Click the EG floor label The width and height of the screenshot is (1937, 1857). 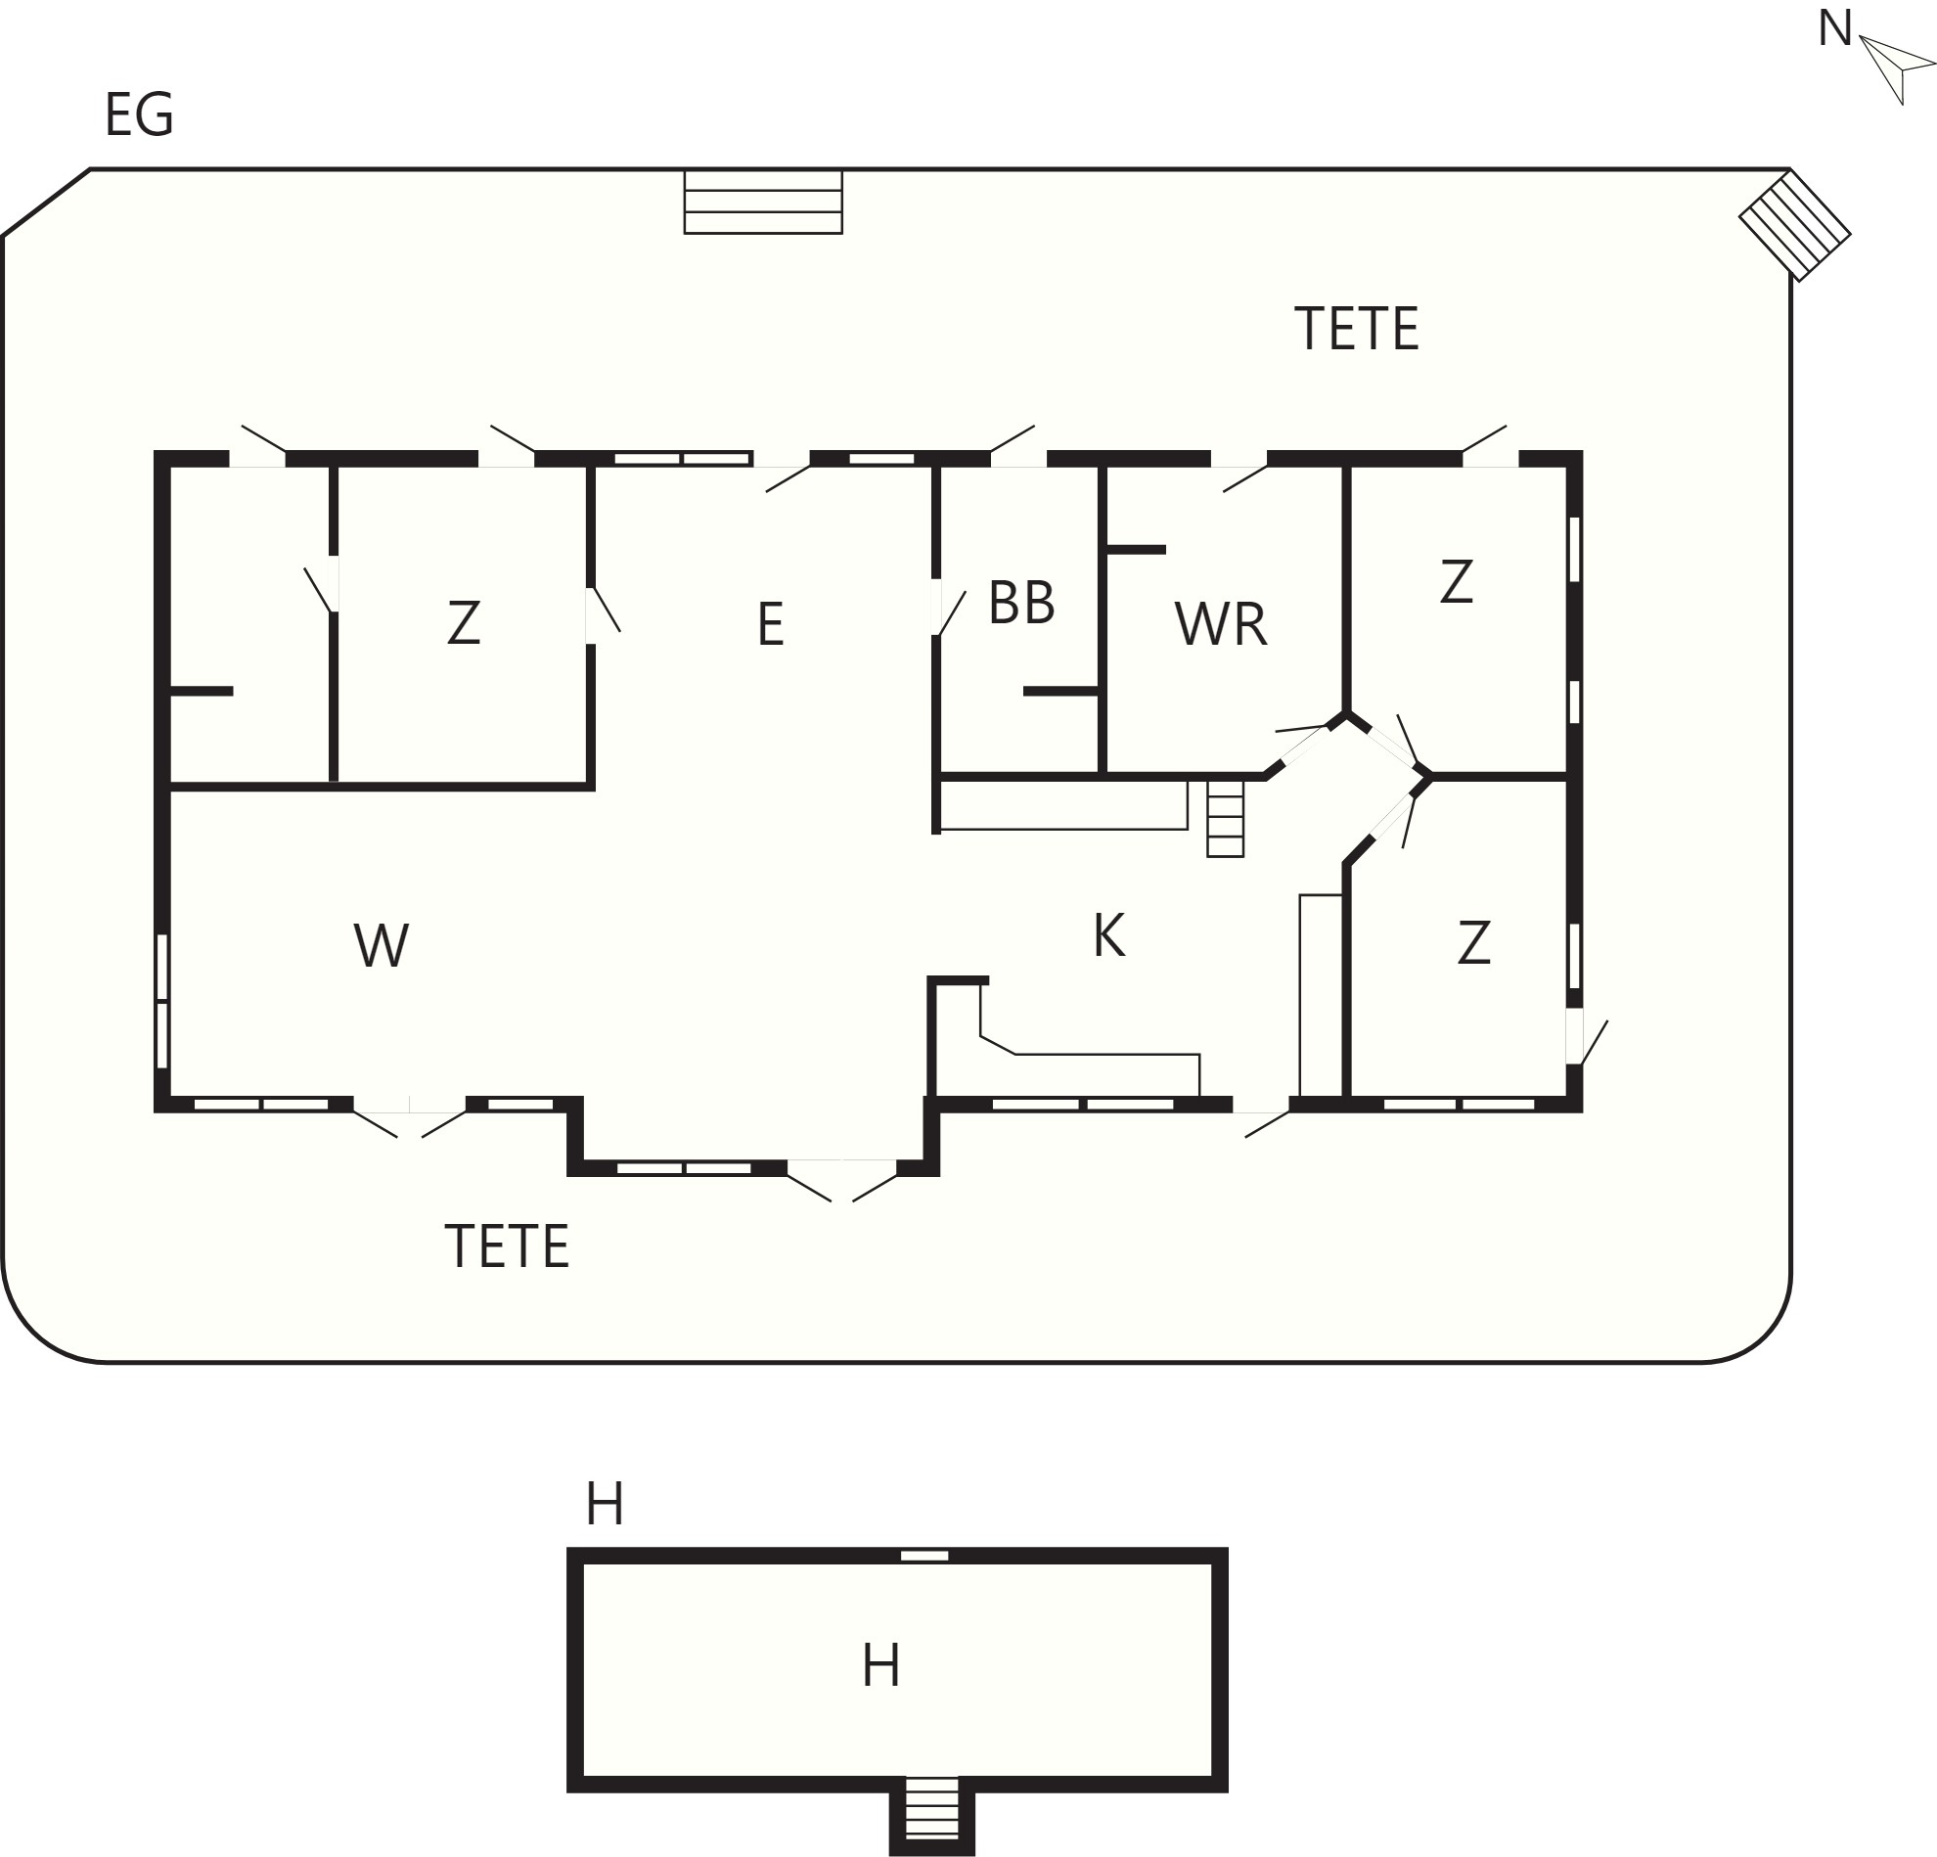point(139,114)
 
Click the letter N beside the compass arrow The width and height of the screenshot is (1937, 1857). point(1834,28)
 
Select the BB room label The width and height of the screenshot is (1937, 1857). point(1021,602)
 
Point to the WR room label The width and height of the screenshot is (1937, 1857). point(1221,624)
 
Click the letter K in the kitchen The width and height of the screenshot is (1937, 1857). point(1108,935)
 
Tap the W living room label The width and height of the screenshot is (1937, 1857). point(382,945)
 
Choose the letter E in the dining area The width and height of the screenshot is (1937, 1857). point(771,624)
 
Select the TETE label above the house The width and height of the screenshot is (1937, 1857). point(1356,328)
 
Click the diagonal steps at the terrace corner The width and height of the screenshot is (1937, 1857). point(1795,225)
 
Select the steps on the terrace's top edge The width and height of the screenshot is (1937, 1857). point(763,202)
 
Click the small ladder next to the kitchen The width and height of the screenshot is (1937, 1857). point(1225,818)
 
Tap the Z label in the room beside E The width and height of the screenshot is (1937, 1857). point(464,622)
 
